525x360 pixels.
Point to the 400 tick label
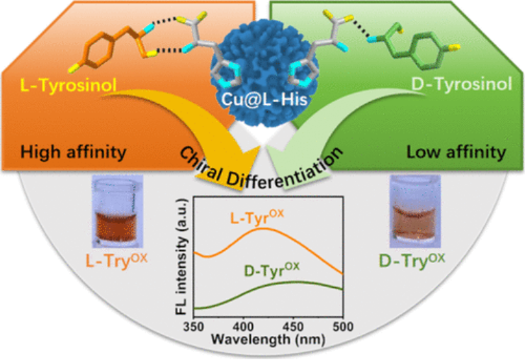(244, 325)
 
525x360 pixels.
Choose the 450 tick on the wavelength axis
(293, 325)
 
